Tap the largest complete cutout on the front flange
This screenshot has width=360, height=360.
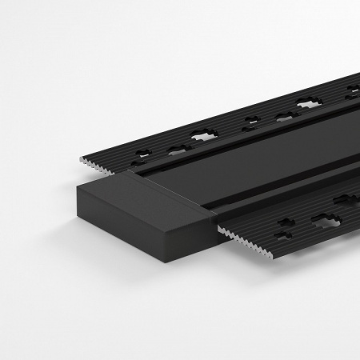click(329, 219)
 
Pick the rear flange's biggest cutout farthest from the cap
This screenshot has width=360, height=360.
click(308, 102)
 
